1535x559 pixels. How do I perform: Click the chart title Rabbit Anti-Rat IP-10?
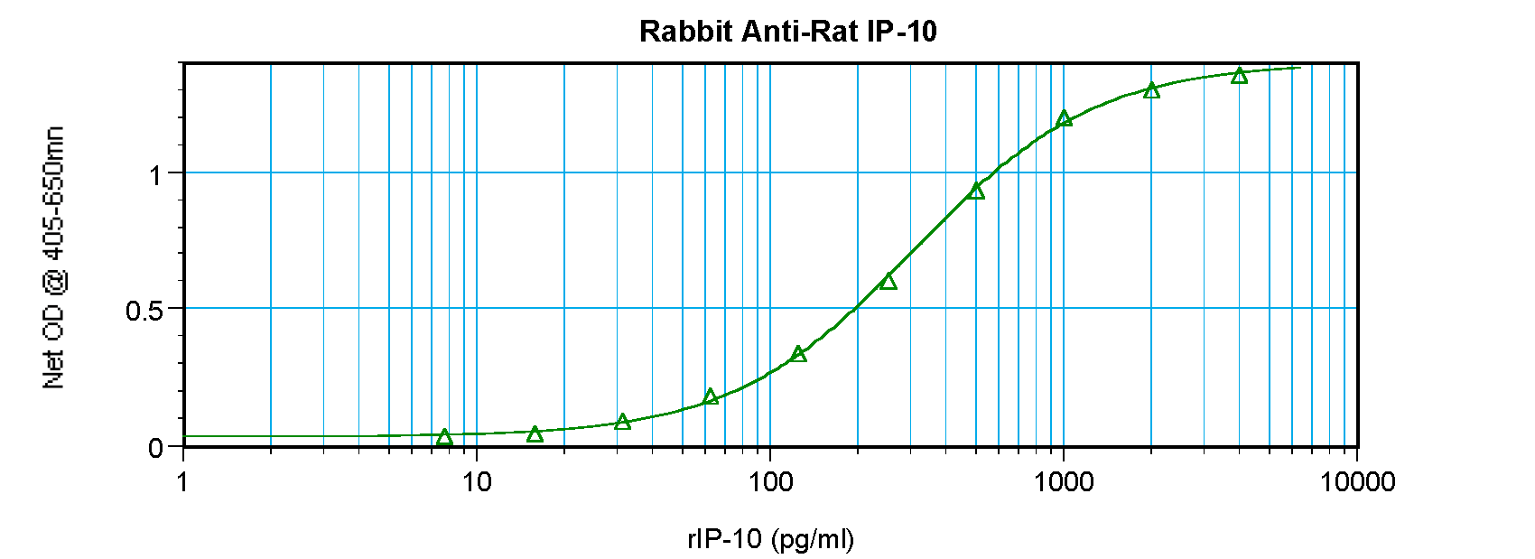(x=787, y=32)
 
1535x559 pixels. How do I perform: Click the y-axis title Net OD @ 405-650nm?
(x=54, y=258)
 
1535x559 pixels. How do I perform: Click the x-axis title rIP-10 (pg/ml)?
(x=770, y=539)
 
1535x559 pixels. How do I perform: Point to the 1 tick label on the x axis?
(x=183, y=482)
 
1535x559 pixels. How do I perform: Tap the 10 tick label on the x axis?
(x=477, y=482)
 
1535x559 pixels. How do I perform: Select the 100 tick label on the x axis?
(x=770, y=482)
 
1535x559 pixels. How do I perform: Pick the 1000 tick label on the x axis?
(x=1064, y=482)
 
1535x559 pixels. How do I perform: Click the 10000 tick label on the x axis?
(x=1357, y=482)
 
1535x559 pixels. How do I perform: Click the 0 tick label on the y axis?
(x=155, y=448)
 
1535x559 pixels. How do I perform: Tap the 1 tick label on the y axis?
(x=155, y=174)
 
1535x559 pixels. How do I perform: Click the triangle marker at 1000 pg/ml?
(x=1064, y=118)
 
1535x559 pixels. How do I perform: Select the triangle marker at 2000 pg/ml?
(x=1151, y=90)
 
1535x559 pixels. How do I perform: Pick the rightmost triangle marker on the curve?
(x=1240, y=75)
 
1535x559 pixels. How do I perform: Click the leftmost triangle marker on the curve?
(x=444, y=437)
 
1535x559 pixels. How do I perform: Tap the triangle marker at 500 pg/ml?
(x=976, y=191)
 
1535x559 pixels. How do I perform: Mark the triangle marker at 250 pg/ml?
(x=888, y=282)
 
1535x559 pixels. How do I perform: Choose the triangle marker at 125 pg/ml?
(x=798, y=354)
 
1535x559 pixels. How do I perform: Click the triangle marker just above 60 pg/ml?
(x=711, y=396)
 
